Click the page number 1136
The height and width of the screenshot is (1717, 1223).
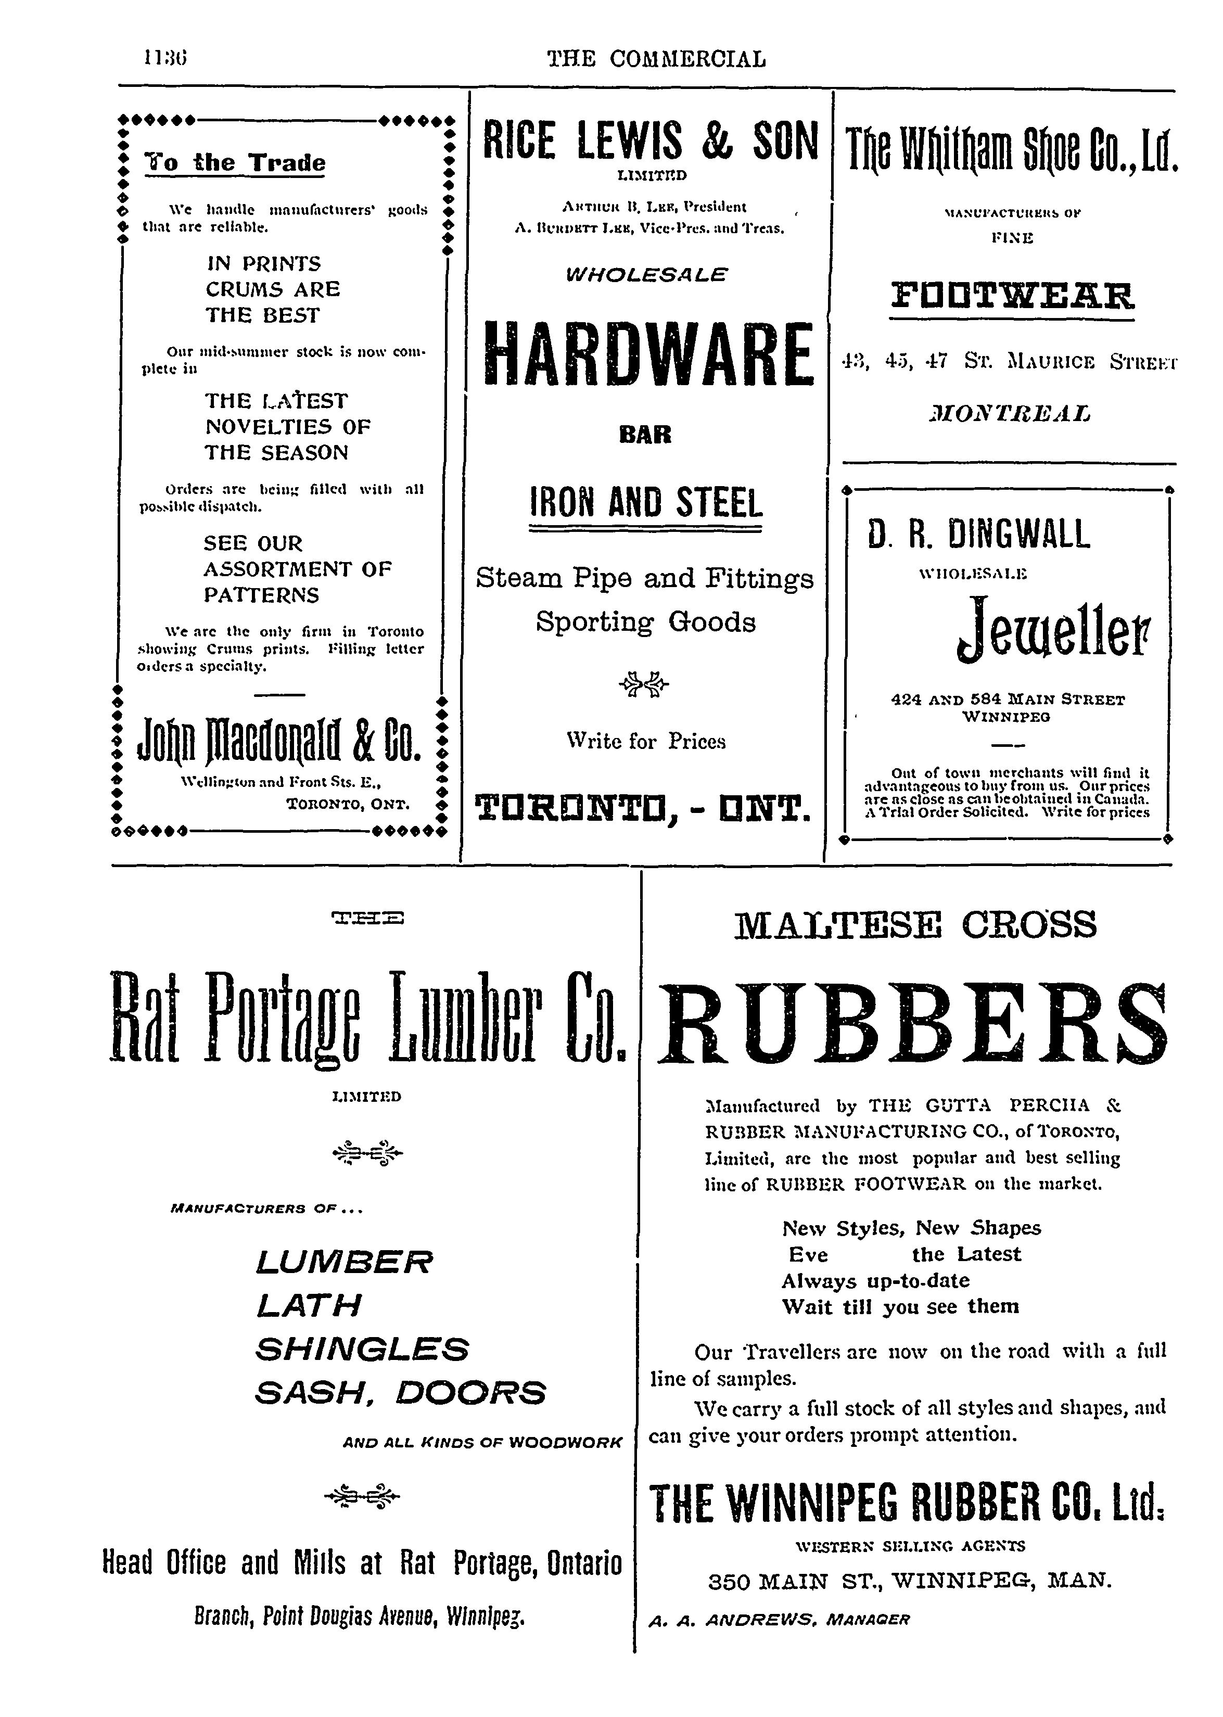(165, 58)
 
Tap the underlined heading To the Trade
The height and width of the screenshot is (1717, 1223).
(235, 163)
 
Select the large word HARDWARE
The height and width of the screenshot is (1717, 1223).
(647, 352)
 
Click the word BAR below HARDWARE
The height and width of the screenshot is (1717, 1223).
(645, 435)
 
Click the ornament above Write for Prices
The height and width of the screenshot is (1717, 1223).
(644, 684)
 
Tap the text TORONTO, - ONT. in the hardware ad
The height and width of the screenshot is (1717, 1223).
(644, 808)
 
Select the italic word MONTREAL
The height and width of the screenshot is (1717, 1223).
(1011, 413)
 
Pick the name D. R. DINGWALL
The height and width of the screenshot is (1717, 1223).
(978, 534)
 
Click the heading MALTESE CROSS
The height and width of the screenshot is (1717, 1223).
(915, 925)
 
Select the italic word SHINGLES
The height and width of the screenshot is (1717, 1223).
(362, 1348)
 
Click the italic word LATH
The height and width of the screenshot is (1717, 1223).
(309, 1305)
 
